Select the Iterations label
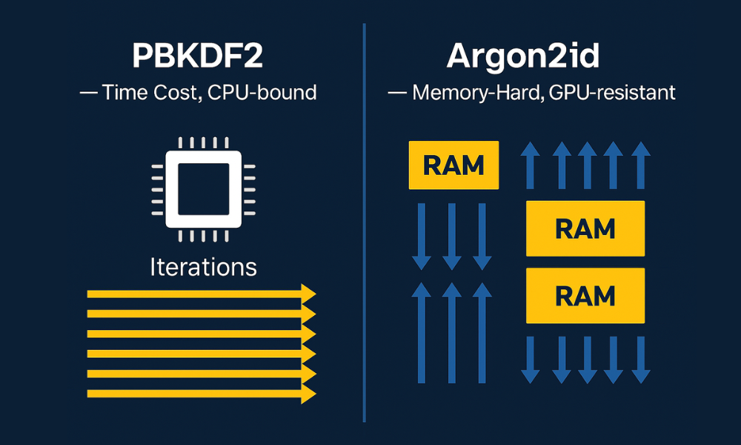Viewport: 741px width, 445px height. point(203,266)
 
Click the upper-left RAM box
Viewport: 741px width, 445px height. point(453,165)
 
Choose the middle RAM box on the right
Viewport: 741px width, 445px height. point(585,228)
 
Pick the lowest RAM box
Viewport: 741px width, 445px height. point(585,295)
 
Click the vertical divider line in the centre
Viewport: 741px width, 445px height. point(365,222)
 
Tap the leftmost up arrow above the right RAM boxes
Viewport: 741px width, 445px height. point(530,165)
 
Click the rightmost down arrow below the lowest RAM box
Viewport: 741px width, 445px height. point(641,359)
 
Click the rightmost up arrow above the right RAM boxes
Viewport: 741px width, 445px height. point(641,165)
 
